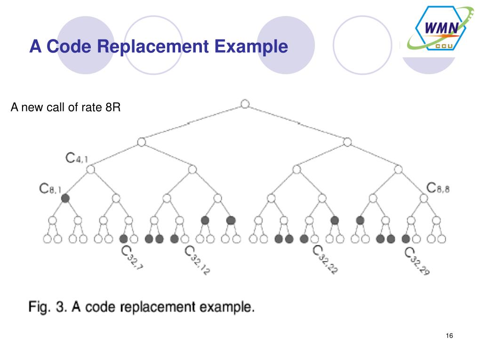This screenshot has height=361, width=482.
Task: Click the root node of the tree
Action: [245, 104]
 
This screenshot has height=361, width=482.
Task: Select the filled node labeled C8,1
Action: [65, 198]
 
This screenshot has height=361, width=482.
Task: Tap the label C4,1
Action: [77, 158]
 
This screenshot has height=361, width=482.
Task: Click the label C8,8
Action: [438, 188]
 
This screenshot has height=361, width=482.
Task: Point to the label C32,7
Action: [132, 257]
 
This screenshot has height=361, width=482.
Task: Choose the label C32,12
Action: [197, 260]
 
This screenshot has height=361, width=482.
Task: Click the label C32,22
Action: [325, 259]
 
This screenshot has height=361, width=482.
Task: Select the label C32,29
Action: [417, 261]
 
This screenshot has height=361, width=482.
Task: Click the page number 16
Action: [449, 336]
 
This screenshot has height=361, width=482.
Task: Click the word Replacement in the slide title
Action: [153, 47]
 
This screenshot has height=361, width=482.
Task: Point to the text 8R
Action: [113, 108]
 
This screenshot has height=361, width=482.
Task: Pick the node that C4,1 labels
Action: [91, 169]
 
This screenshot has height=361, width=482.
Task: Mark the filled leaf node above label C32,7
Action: [124, 239]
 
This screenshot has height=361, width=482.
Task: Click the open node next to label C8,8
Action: [424, 198]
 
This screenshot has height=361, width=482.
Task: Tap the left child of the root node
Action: [141, 142]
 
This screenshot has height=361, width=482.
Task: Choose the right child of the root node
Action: [347, 142]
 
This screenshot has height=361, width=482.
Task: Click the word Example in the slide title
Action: [251, 47]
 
